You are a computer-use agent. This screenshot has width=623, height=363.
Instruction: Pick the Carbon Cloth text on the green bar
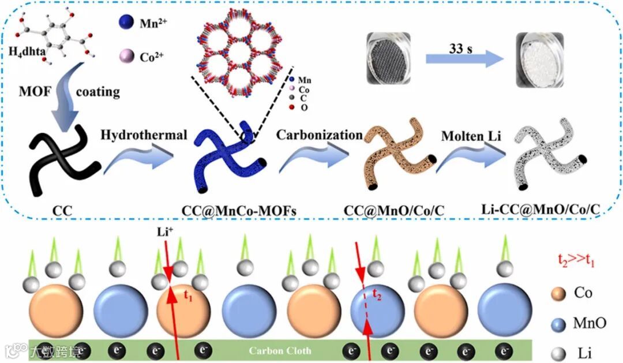tap(280, 350)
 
